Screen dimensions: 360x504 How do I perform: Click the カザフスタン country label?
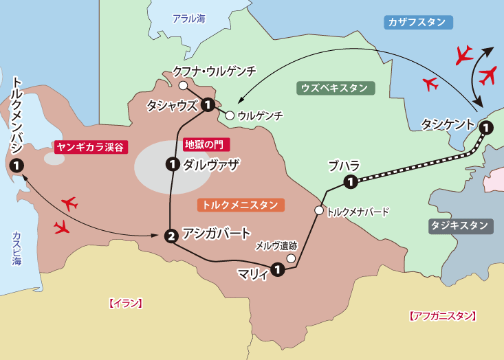(x=417, y=22)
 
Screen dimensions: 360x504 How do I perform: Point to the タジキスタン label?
(x=460, y=225)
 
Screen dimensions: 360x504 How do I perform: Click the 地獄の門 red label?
(x=207, y=145)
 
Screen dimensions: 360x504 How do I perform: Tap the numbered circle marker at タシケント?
(x=485, y=127)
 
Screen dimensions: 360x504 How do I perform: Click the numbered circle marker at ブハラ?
(x=351, y=182)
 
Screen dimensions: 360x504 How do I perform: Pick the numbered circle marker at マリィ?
(x=276, y=269)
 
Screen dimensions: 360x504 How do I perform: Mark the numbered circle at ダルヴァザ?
(x=173, y=164)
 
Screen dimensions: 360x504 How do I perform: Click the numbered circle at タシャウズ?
(x=207, y=105)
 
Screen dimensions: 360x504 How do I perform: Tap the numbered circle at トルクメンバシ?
(x=16, y=166)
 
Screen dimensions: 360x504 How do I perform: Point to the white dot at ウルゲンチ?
(x=230, y=115)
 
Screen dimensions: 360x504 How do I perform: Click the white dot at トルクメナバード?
(x=318, y=211)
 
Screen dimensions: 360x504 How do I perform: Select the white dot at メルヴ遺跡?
(x=291, y=259)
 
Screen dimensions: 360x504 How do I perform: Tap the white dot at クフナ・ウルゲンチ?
(x=183, y=86)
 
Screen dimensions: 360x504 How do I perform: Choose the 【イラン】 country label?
(x=125, y=303)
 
